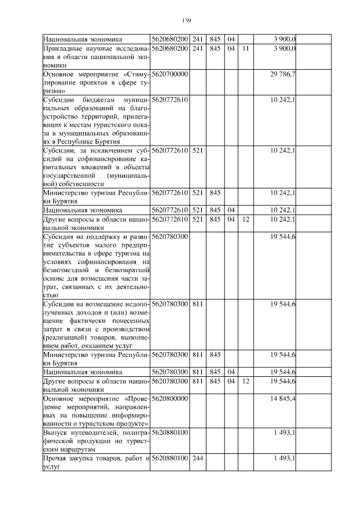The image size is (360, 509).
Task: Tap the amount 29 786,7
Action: coord(283,74)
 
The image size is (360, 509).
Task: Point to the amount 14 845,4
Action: coord(283,398)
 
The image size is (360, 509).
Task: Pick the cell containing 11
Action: coord(245,49)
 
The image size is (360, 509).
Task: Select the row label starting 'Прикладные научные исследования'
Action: coord(96,57)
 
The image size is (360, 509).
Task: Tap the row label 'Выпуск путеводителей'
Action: coord(96,441)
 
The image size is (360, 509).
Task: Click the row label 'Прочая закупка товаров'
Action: coord(96,463)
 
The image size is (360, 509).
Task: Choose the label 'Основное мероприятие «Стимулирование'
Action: coord(96,82)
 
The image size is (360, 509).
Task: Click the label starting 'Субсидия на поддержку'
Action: coord(96,265)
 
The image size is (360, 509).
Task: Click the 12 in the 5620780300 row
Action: coord(245,381)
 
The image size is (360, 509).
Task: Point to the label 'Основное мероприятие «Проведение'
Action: coord(96,411)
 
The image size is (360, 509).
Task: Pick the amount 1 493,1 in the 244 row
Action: coord(283,459)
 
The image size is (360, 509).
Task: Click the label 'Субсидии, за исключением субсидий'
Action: coord(96,167)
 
